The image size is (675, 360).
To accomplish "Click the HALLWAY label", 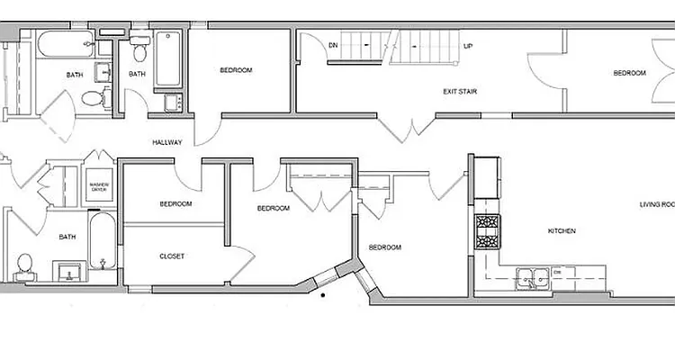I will point(168,142).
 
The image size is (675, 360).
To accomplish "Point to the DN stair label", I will point(333,44).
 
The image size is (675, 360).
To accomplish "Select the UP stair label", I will point(467,45).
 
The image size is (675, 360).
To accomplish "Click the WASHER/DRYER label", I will point(98,189).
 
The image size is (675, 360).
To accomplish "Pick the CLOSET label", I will point(172,256).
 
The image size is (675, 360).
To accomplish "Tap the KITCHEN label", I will point(562,231).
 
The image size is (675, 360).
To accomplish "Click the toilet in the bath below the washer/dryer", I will point(24,266).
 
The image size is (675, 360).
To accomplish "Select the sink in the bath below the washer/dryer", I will point(66,271).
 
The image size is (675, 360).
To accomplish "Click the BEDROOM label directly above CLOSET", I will point(175,204).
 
